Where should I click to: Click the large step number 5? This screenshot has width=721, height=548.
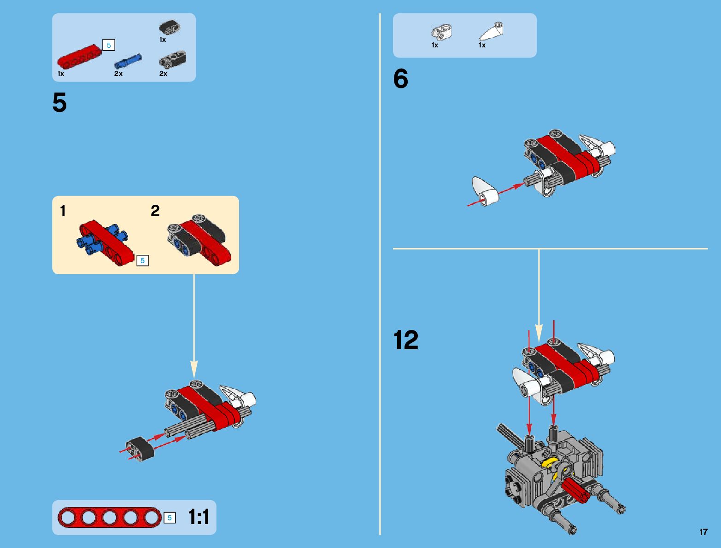[x=59, y=103]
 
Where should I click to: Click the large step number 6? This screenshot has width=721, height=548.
[x=401, y=79]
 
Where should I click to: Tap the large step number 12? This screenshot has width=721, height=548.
[x=406, y=340]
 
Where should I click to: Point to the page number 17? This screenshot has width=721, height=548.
[x=703, y=532]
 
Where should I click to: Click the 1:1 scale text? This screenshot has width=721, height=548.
[x=199, y=518]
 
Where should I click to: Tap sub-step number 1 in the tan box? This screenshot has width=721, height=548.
[x=63, y=211]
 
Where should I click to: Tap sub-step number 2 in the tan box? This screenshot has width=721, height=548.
[x=155, y=211]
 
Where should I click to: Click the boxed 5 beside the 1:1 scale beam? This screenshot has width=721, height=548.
[x=170, y=518]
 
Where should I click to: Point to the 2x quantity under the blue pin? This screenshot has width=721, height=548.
[x=118, y=74]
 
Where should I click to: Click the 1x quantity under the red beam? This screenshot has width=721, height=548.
[x=61, y=74]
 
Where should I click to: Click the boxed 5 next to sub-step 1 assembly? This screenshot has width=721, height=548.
[x=142, y=260]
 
